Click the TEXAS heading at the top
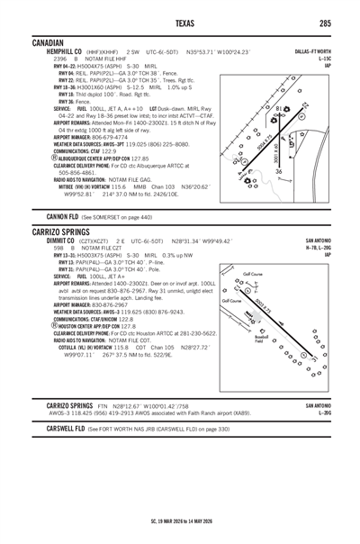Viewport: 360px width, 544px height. point(179,22)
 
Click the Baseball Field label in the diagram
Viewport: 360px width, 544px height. point(258,340)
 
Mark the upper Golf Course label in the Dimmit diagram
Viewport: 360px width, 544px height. point(253,273)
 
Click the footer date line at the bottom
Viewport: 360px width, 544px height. point(179,521)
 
